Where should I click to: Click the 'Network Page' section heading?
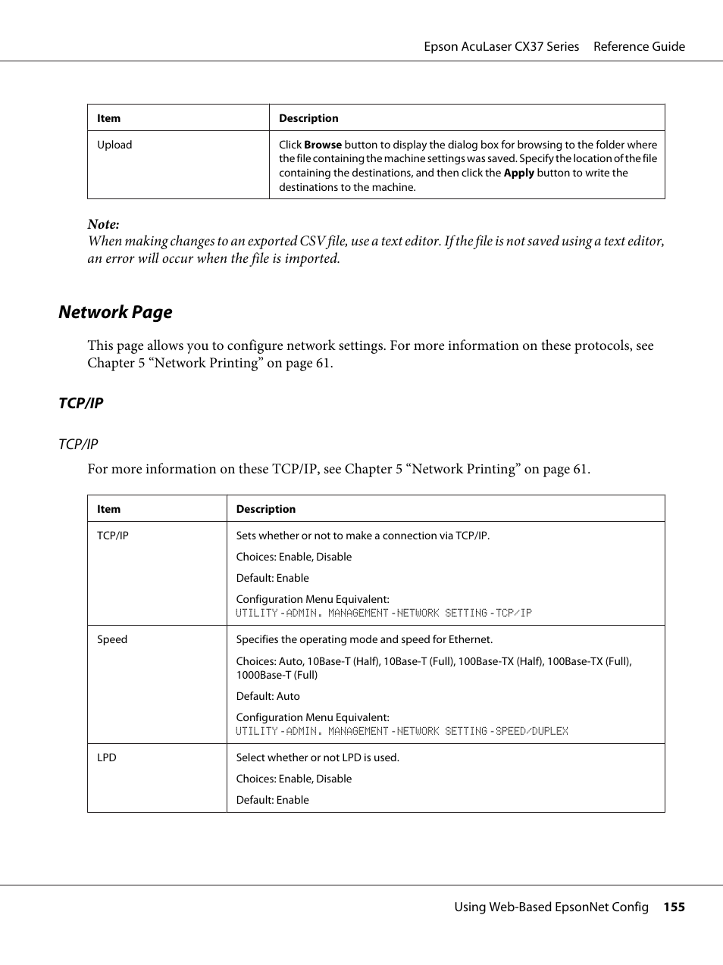115,312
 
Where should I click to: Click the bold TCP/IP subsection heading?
81,403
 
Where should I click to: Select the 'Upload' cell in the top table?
114,145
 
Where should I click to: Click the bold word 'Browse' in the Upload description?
323,145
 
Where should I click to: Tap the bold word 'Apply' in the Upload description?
518,173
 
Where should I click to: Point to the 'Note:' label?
103,224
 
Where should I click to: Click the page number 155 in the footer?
674,907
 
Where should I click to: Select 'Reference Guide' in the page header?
639,46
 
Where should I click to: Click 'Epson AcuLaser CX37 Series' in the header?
501,46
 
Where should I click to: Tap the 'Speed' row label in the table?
112,639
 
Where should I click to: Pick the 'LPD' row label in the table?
107,757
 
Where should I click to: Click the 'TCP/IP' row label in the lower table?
113,536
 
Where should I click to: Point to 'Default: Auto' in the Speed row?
268,696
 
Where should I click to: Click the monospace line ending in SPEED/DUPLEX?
402,731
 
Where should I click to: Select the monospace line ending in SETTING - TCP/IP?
383,613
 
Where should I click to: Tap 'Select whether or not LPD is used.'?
318,757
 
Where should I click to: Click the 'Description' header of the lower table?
266,509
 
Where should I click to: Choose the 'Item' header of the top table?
108,118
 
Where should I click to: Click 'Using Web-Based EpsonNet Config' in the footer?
551,907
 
